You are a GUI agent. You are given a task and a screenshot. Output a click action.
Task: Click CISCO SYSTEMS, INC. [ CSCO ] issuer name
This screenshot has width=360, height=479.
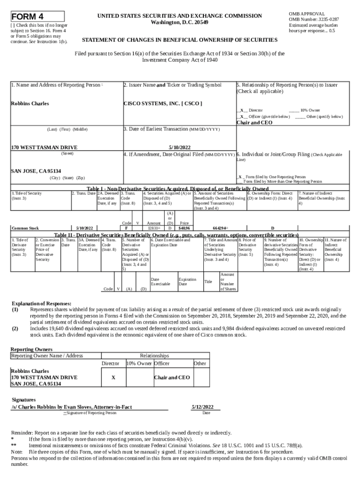point(162,103)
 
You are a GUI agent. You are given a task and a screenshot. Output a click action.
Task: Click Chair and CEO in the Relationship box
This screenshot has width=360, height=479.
point(254,123)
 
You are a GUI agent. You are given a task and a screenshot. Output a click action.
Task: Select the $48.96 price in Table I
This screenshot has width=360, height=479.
point(184,228)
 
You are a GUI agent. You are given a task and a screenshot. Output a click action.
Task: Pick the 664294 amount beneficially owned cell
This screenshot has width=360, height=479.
point(220,228)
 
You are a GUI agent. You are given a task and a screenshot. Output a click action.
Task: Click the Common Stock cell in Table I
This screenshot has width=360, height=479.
point(25,228)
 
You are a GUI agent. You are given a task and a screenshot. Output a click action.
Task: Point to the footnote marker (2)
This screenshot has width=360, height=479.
point(15,329)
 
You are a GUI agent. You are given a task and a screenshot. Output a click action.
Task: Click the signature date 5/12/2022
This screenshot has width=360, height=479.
point(202,407)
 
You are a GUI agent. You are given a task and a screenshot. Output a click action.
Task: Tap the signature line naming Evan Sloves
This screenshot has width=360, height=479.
point(72,407)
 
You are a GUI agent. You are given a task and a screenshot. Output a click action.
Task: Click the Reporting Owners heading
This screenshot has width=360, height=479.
point(31,349)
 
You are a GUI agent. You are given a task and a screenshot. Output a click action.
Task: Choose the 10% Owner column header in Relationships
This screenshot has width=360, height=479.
point(139,363)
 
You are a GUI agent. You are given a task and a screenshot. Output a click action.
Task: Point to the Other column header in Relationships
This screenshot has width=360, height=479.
point(200,363)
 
